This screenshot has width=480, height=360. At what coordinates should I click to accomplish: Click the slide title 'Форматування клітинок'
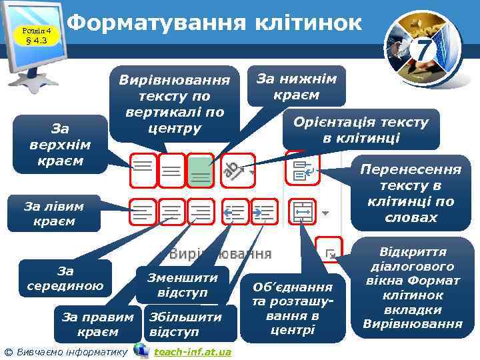(215, 23)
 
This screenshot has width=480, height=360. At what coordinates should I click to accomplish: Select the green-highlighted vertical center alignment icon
(200, 172)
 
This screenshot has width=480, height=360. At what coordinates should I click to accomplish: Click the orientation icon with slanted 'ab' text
(234, 172)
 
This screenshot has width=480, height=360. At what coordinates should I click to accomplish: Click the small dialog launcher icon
(329, 251)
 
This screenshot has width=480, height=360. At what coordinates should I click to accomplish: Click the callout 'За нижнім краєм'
(296, 86)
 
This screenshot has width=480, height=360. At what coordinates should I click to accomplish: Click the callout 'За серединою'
(65, 279)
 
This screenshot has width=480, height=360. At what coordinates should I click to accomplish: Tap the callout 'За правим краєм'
(97, 324)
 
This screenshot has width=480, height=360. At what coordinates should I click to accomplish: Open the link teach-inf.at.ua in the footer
(193, 351)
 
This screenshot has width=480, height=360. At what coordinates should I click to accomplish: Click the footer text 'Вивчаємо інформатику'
(71, 351)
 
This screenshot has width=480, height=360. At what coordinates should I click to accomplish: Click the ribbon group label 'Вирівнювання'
(220, 254)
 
